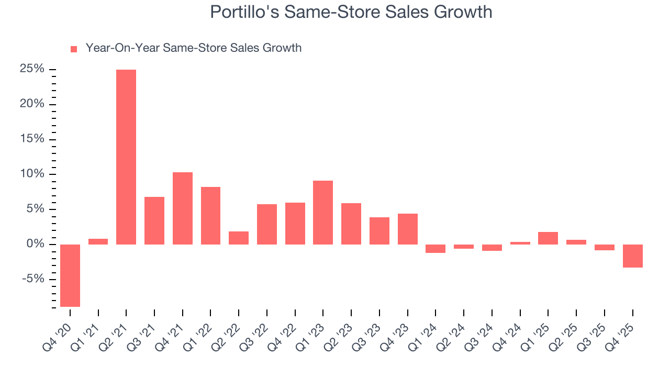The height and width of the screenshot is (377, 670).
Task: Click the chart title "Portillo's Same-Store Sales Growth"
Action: point(351,12)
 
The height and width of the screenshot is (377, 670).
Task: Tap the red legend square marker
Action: point(74,49)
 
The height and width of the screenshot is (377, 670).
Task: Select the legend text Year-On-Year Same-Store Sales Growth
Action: point(193,48)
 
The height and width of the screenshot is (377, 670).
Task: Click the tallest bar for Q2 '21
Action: point(126,157)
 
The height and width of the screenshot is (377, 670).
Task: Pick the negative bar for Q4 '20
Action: point(70,275)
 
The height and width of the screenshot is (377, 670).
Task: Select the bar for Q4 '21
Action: point(183,208)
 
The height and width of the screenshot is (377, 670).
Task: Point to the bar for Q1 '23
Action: point(323,213)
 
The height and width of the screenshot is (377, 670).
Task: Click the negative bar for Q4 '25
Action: point(633,256)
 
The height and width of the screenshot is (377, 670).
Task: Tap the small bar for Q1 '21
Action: point(98,241)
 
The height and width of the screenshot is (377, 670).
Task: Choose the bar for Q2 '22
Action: point(239,238)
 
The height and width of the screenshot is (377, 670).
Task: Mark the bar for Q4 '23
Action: point(408,229)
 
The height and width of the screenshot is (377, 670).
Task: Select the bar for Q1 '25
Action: point(548,238)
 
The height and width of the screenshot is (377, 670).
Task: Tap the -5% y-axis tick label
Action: point(32,279)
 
